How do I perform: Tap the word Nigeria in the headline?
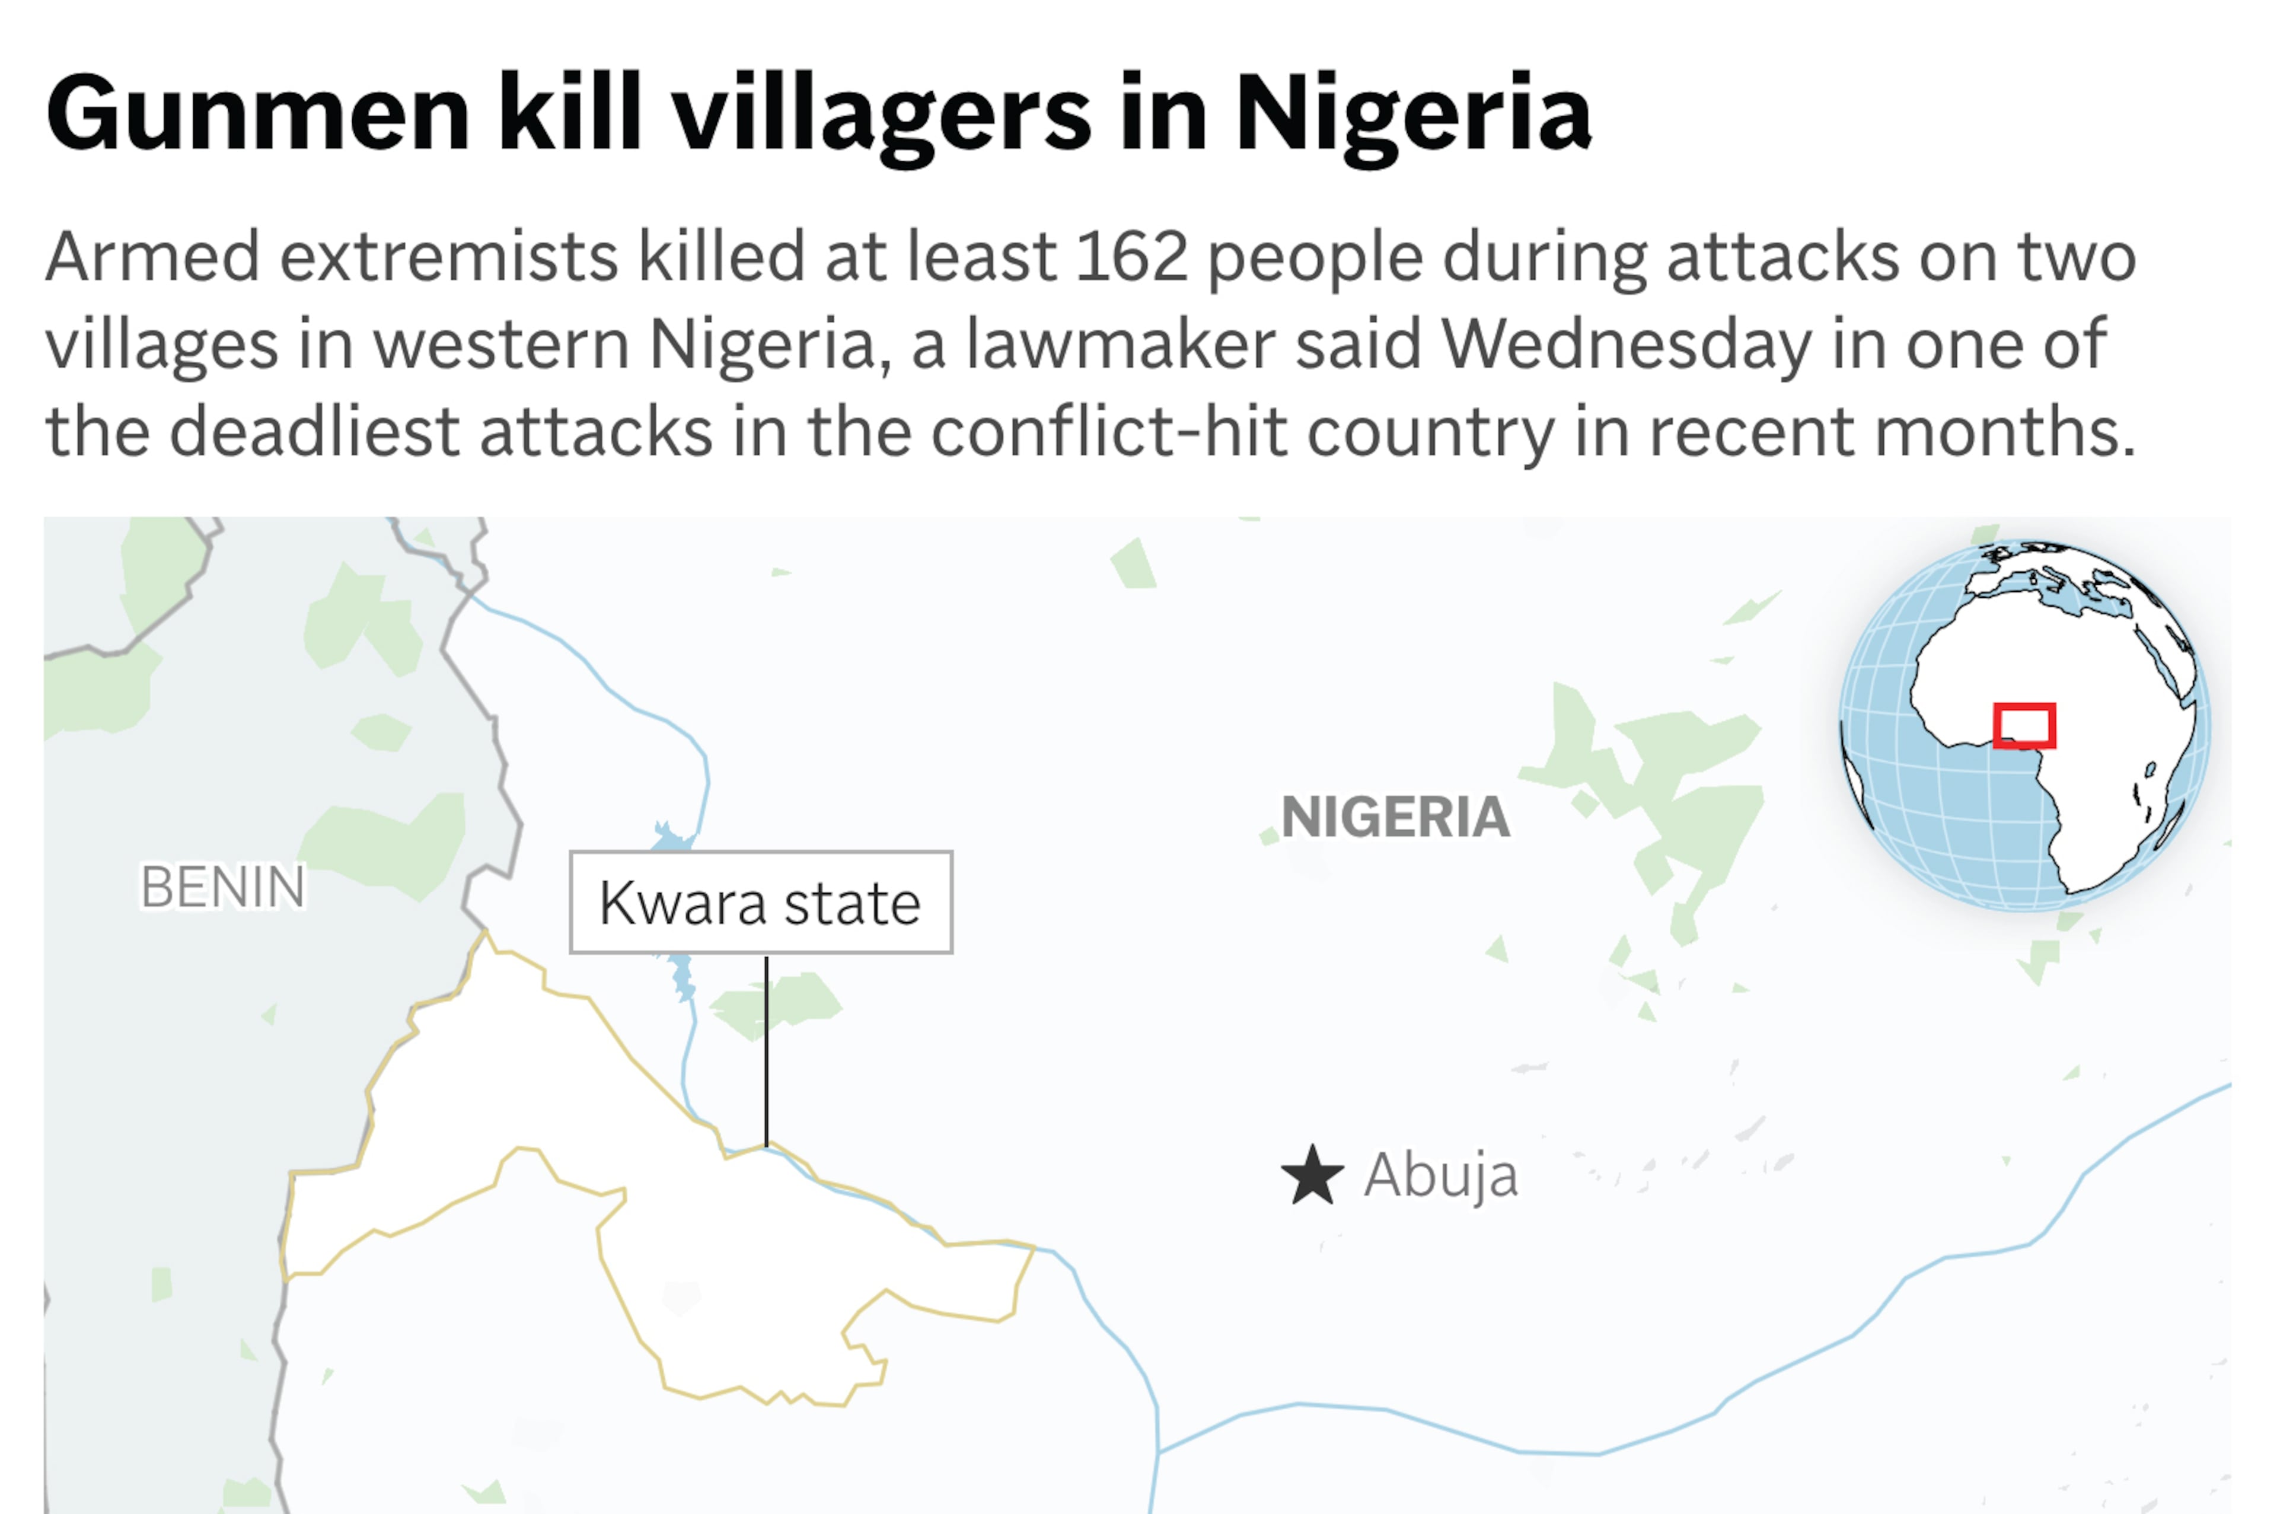click(x=1412, y=114)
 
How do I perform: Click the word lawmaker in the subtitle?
click(x=1121, y=344)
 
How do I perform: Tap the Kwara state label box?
click(x=761, y=902)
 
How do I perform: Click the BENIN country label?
click(x=223, y=887)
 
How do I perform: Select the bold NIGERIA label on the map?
click(x=1395, y=817)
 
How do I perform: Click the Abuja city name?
click(x=1440, y=1175)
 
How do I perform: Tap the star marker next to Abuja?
click(x=1312, y=1176)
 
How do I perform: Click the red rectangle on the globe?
click(x=2024, y=725)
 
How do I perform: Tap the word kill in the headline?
click(x=569, y=114)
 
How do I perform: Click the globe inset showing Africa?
click(x=2024, y=725)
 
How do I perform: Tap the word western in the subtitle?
click(x=501, y=344)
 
